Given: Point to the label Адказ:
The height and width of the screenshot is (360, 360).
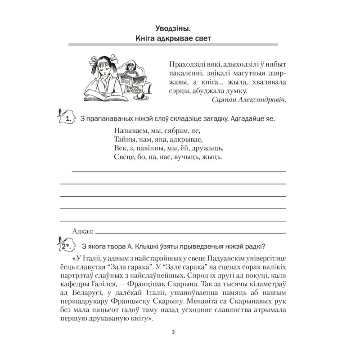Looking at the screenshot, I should pos(82,231).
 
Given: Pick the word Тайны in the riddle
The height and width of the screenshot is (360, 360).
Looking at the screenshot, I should pos(120,139).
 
